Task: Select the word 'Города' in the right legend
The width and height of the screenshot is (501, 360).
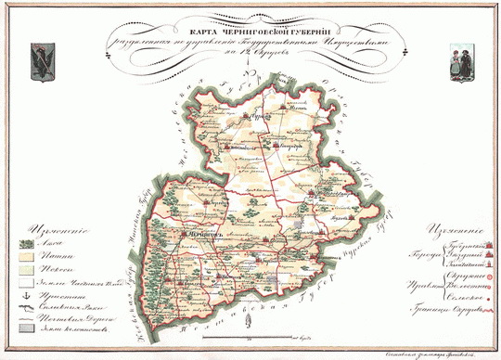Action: (413, 256)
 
